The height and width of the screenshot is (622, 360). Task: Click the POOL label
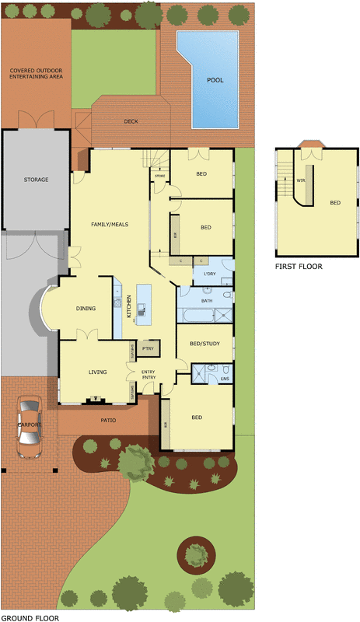(x=215, y=80)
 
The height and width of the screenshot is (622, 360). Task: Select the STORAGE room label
(x=36, y=180)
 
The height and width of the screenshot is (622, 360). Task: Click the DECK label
(x=131, y=121)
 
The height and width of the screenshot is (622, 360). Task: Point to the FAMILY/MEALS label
(x=109, y=224)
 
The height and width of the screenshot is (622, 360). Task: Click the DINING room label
(x=86, y=309)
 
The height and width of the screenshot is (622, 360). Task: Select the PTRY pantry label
(x=149, y=349)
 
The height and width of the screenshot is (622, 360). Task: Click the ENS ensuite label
(x=225, y=379)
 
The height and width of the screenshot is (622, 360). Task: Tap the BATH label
(x=207, y=300)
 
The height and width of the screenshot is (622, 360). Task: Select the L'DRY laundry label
(x=209, y=274)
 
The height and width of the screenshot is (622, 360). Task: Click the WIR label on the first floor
(x=300, y=180)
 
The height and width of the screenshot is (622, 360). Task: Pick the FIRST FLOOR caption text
(x=299, y=266)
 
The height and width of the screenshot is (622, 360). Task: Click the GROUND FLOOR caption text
(x=30, y=617)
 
